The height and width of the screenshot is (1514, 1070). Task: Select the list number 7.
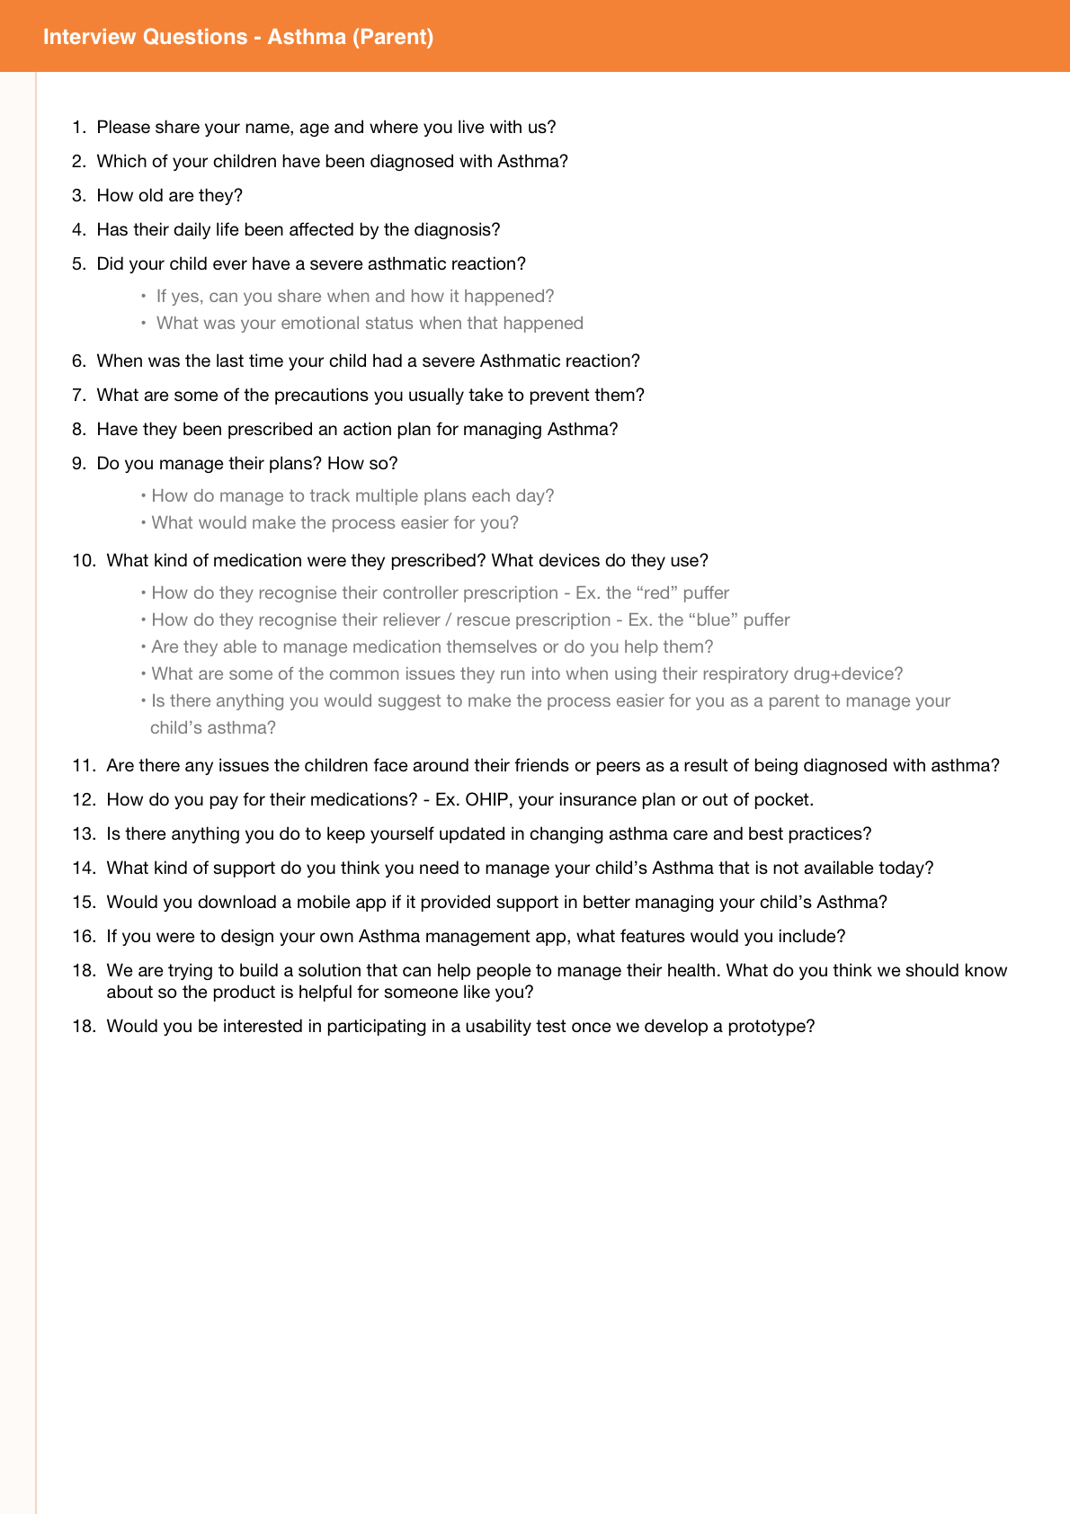78,395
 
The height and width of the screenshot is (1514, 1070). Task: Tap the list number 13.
83,833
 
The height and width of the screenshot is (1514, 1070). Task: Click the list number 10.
83,560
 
